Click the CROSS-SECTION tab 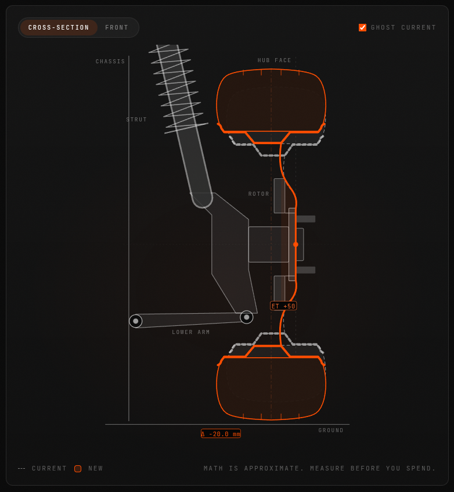tap(59, 28)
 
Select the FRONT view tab tap(117, 28)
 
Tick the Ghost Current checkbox tap(362, 28)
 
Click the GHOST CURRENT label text tap(403, 28)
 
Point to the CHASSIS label tap(110, 62)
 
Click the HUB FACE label tap(275, 60)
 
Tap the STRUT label tap(136, 120)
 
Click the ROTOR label tap(259, 194)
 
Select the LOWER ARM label tap(191, 332)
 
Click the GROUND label tap(331, 430)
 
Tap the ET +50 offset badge tap(283, 306)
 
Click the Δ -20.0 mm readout tap(221, 434)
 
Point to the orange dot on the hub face tap(296, 244)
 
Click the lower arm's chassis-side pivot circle tap(136, 321)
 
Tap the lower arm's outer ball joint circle tap(246, 317)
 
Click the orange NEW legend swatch tap(78, 468)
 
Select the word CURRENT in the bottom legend tap(49, 468)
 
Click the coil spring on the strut tap(178, 89)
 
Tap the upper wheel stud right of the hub tap(306, 219)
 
